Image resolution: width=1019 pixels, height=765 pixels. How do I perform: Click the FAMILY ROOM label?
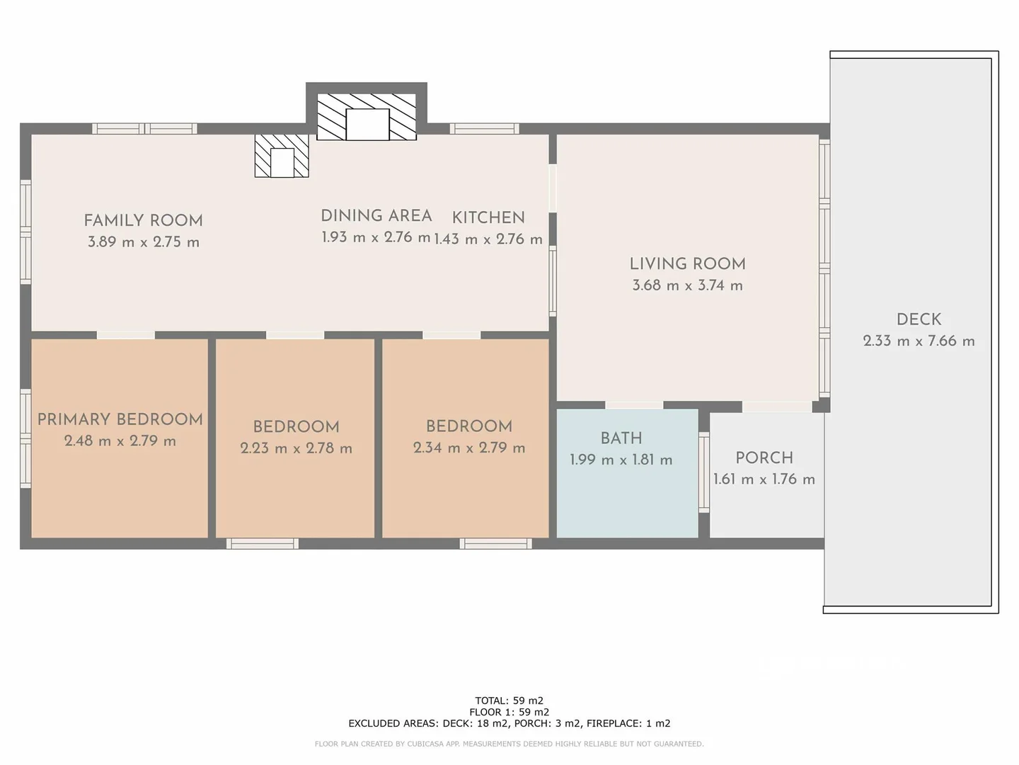143,220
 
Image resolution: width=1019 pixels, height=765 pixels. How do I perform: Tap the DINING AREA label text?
376,215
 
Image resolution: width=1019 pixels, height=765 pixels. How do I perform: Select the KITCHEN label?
488,217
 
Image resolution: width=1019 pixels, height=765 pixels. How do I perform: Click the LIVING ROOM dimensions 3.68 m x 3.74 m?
687,285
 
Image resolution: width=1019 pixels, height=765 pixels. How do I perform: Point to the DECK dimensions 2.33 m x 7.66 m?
919,341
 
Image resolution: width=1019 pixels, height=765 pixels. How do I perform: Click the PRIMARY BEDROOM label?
120,419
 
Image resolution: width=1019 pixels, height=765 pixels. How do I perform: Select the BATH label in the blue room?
621,438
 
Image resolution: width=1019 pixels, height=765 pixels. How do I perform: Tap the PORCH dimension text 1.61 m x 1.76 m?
764,480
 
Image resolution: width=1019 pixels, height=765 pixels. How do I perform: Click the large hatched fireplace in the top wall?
367,117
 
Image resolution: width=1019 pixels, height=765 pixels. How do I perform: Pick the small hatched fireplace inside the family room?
282,157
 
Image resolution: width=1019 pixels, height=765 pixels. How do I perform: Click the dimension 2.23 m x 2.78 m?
296,448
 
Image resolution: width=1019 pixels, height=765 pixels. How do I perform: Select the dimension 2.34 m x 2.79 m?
469,448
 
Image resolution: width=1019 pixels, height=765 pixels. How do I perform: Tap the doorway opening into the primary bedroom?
126,335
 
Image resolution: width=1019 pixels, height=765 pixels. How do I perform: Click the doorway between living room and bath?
634,406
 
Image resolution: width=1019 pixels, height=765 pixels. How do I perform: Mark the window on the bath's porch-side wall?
704,472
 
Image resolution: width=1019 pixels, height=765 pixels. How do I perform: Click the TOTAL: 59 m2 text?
509,701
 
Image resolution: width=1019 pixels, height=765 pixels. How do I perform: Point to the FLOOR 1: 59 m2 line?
509,712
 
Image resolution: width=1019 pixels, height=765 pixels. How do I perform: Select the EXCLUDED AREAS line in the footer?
509,723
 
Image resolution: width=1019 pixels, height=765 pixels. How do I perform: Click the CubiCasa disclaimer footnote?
509,744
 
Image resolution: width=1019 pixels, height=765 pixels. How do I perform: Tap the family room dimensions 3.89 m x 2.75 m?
143,242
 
